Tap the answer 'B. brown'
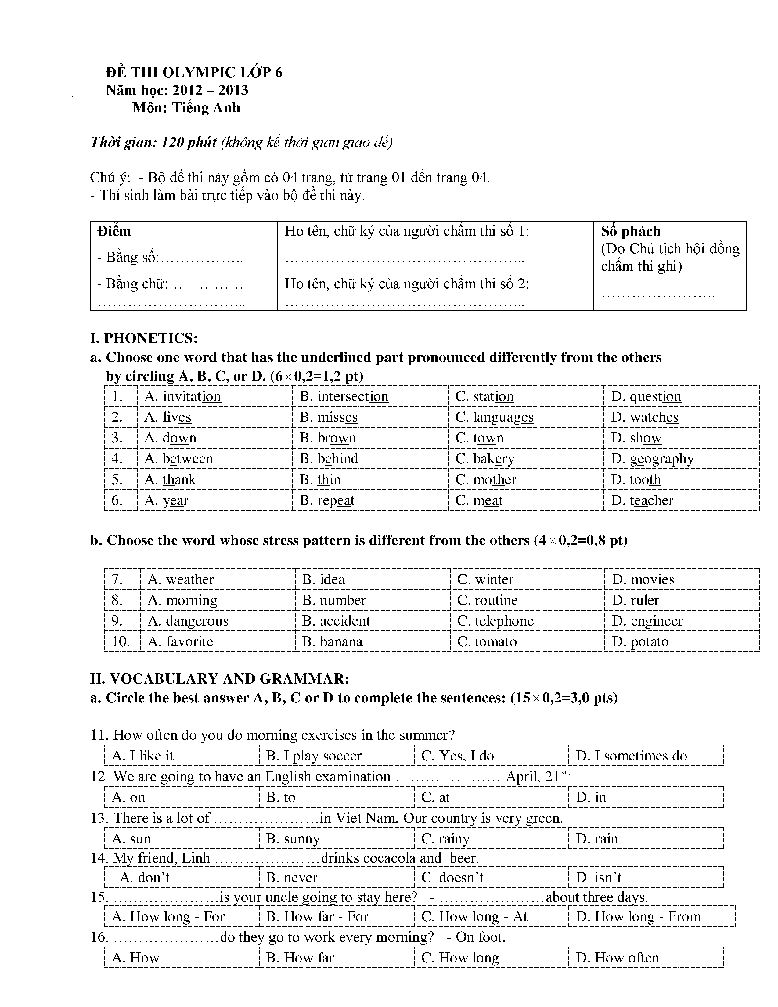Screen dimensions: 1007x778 pyautogui.click(x=328, y=438)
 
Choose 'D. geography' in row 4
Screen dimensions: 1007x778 pyautogui.click(x=652, y=459)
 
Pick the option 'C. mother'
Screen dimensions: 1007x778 pyautogui.click(x=486, y=479)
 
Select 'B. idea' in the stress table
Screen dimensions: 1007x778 pyautogui.click(x=323, y=579)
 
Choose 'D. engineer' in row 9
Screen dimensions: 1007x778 pyautogui.click(x=647, y=621)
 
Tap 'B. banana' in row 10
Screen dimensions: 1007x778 pyautogui.click(x=332, y=641)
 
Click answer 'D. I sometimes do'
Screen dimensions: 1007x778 pyautogui.click(x=632, y=756)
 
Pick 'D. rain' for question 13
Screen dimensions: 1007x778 pyautogui.click(x=597, y=839)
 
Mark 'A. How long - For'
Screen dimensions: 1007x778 pyautogui.click(x=168, y=917)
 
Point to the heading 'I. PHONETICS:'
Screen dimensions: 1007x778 pyautogui.click(x=144, y=338)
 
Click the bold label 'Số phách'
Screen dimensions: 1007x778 pyautogui.click(x=631, y=231)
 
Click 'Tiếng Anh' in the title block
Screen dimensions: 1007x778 pyautogui.click(x=206, y=107)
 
